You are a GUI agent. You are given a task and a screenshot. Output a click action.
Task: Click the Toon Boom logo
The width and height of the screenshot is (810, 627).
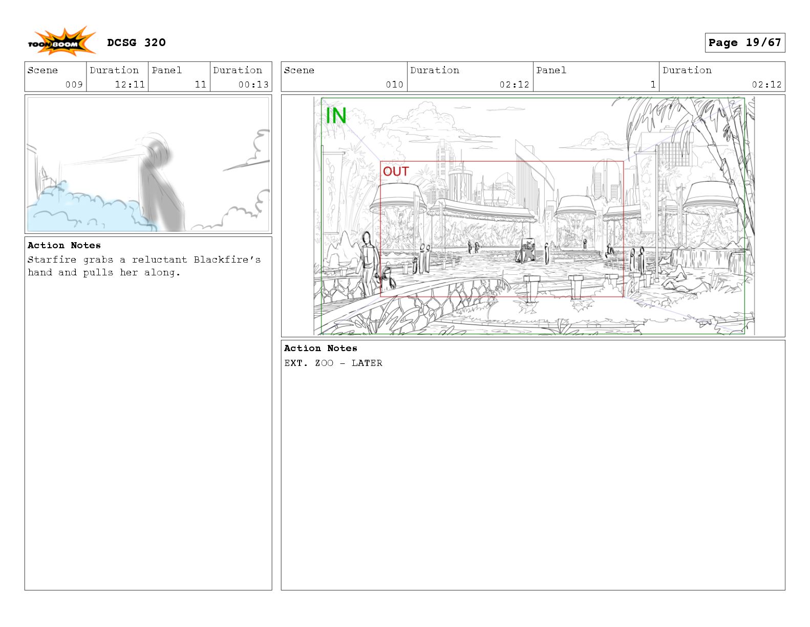tap(61, 41)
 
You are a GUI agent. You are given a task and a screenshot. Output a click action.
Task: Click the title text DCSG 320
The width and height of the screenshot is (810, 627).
tap(136, 42)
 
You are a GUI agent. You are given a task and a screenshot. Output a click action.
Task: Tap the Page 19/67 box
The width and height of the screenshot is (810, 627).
tap(744, 42)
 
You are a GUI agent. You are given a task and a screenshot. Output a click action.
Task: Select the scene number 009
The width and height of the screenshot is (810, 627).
tap(74, 84)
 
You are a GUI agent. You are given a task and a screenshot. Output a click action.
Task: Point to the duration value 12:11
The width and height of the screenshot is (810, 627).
tap(130, 84)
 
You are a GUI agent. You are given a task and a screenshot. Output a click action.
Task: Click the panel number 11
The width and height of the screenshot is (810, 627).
tap(201, 84)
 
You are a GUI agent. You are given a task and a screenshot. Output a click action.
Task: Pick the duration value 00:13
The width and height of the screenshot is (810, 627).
tap(253, 84)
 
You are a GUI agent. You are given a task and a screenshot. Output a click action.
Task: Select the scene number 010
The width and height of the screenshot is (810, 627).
tap(394, 84)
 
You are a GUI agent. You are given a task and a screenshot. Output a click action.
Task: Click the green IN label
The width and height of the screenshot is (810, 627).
tap(336, 116)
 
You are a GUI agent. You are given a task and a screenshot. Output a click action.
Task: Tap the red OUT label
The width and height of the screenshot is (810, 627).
tap(396, 171)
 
